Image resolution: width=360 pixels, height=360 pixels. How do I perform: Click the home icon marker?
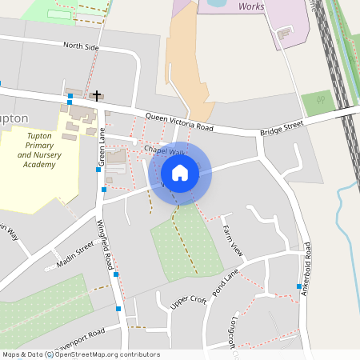click(x=180, y=173)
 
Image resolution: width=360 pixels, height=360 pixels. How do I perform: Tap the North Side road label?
click(x=81, y=48)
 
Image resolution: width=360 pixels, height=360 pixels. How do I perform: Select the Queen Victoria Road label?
click(x=179, y=121)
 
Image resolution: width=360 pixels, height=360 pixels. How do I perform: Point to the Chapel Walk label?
click(x=165, y=150)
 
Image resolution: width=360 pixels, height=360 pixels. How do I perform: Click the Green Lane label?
click(x=102, y=149)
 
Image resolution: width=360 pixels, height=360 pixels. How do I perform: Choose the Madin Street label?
click(x=75, y=256)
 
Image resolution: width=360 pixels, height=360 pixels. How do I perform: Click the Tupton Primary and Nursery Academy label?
click(x=39, y=151)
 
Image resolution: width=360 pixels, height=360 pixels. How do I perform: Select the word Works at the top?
click(x=253, y=6)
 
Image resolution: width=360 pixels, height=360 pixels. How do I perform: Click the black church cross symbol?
click(x=97, y=96)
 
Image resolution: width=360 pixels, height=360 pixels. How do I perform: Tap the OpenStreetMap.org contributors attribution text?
click(x=107, y=354)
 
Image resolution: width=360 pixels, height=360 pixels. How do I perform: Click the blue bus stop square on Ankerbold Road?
click(x=298, y=286)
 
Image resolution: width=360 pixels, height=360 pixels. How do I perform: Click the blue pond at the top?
click(x=216, y=3)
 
